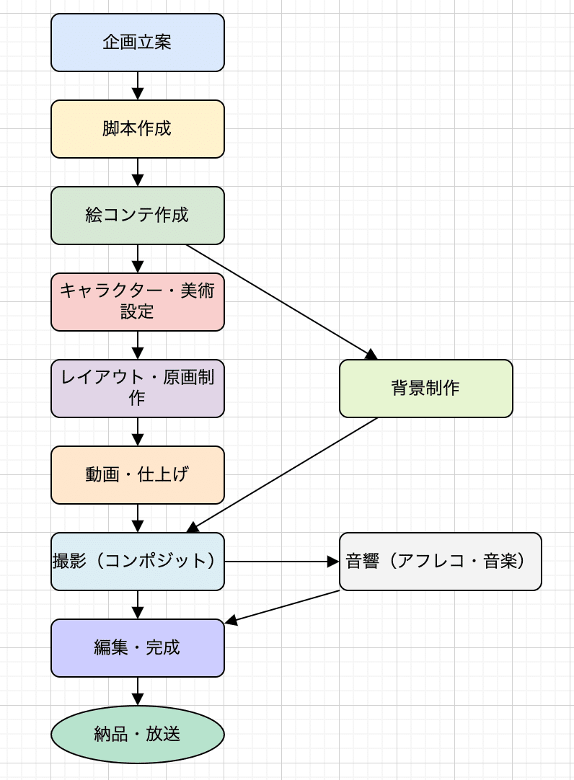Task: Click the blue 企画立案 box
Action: point(137,43)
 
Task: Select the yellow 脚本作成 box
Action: point(137,129)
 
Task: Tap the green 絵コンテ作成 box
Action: point(137,216)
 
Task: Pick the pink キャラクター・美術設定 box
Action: point(137,302)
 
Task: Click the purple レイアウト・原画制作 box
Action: point(137,389)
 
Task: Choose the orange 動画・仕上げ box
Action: point(137,475)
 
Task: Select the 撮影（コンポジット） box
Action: point(137,562)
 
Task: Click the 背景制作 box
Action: point(425,389)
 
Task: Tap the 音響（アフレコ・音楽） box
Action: point(440,562)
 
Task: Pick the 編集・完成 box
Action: point(137,648)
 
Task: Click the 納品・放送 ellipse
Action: point(137,735)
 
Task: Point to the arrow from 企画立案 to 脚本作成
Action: point(138,85)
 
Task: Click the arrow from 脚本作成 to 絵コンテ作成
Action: point(138,172)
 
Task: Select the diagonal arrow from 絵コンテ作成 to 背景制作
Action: point(281,301)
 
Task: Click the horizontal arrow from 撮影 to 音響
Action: point(281,562)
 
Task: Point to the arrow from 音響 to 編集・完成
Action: point(283,606)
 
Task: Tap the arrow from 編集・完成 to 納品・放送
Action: point(138,691)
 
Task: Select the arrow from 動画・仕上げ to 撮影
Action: point(138,518)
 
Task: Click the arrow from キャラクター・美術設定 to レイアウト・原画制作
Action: point(138,345)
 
